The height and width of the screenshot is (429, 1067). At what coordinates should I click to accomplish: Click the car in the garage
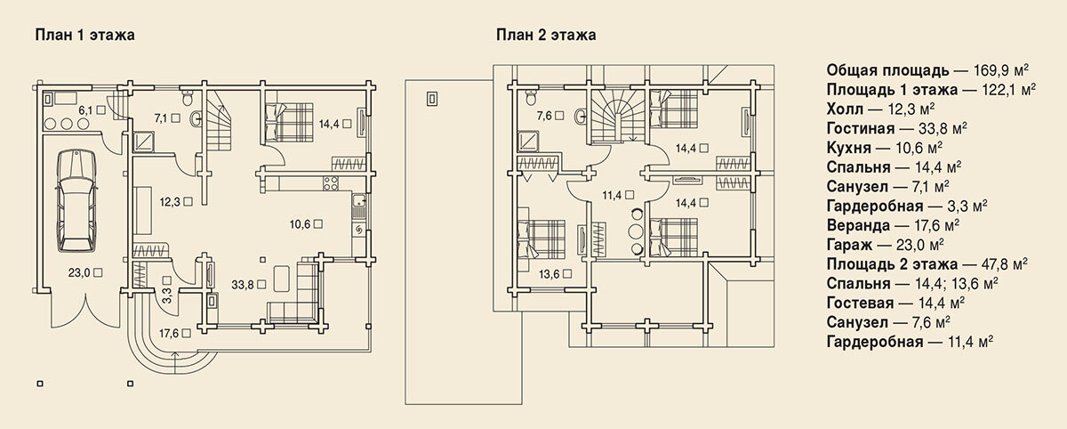[76, 200]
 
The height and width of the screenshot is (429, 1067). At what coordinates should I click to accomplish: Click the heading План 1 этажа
[84, 36]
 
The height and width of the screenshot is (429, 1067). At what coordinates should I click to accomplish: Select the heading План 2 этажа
[546, 36]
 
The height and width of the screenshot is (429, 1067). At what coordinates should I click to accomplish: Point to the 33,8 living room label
[242, 285]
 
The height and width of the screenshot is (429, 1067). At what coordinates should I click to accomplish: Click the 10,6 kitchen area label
[300, 224]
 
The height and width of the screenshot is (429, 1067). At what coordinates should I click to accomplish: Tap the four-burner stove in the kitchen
[331, 183]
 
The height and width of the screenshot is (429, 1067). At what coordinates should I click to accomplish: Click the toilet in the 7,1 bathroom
[188, 97]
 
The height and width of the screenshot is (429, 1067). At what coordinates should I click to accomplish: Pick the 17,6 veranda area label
[169, 333]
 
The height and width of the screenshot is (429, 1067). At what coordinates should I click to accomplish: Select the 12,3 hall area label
[170, 202]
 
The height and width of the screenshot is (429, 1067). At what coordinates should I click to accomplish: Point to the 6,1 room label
[85, 110]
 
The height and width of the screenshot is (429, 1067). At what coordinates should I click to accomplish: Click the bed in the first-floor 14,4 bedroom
[289, 123]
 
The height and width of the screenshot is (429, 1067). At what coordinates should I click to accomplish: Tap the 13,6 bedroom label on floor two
[550, 274]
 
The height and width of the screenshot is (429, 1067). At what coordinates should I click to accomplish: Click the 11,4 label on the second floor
[612, 195]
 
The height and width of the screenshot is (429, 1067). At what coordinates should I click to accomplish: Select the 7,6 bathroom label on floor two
[544, 116]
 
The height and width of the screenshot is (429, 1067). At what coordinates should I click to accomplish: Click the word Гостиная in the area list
[861, 129]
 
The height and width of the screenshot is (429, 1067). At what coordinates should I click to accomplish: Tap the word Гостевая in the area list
[861, 304]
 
